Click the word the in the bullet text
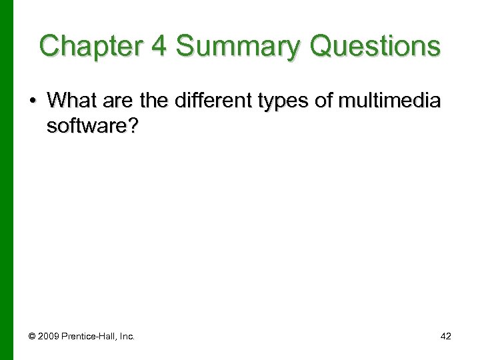[156, 101]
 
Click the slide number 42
[445, 337]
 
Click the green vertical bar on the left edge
[6, 180]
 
